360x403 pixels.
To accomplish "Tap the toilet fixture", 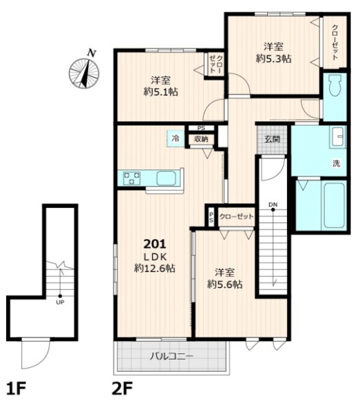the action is [x=335, y=85].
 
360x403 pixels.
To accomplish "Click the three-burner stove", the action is [x=131, y=178].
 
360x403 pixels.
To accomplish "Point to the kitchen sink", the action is [x=166, y=178].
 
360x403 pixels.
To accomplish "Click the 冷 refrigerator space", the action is [x=176, y=138].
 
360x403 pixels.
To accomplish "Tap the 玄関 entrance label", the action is [x=272, y=139].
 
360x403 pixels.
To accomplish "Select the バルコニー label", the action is [x=171, y=356].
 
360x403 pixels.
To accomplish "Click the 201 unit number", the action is [x=155, y=244].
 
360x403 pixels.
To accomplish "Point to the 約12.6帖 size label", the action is [x=155, y=269].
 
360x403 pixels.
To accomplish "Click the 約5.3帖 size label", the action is [x=273, y=59].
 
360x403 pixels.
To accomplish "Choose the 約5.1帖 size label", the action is [x=161, y=92].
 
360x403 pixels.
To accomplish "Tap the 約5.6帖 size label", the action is [x=224, y=285].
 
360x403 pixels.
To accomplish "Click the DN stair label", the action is [x=273, y=205].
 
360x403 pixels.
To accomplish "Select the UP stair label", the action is [x=60, y=302].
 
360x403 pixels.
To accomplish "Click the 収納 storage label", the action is [x=201, y=139].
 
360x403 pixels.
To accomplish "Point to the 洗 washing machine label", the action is [x=337, y=163].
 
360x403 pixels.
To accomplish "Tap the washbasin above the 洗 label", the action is [x=337, y=137].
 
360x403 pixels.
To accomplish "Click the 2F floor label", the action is [x=122, y=389].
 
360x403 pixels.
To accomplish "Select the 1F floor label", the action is [x=16, y=389].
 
